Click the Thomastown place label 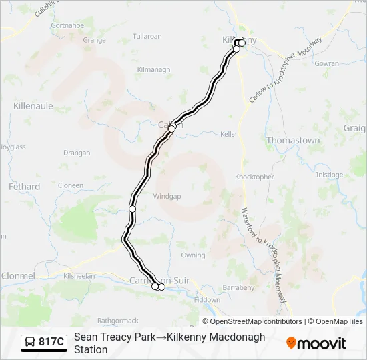(293, 141)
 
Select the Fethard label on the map (25, 187)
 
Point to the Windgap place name (167, 197)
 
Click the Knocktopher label (254, 177)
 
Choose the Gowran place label (327, 63)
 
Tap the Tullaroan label (147, 35)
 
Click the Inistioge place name (329, 175)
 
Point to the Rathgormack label (117, 321)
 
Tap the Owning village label (193, 255)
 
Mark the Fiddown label (207, 300)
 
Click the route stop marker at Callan (172, 128)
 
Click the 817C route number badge (45, 343)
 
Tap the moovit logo (316, 343)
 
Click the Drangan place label (76, 153)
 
